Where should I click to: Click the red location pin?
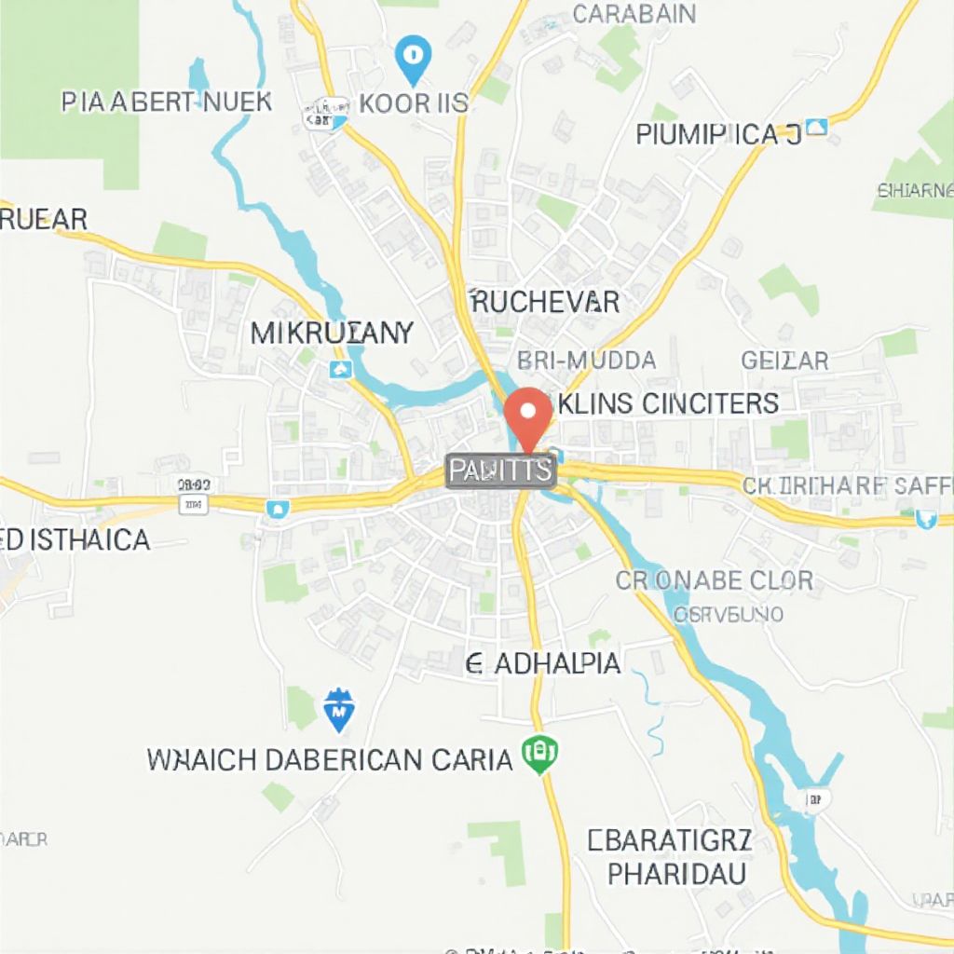pos(527,416)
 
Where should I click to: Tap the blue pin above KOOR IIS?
pos(413,58)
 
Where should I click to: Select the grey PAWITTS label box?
pos(500,471)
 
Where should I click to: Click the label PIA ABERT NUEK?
pos(167,102)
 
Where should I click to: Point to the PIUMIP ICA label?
pos(718,135)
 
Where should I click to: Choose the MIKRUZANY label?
pos(332,334)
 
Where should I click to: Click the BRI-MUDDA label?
pos(586,361)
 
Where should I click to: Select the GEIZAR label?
pos(784,361)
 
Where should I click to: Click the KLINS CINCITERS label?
pos(667,403)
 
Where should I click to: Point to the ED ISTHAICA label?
pos(75,539)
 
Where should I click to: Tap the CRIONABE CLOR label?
pos(715,580)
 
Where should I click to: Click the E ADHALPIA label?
pos(543,663)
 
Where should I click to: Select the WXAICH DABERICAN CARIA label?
pos(330,760)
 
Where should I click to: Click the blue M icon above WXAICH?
pos(338,711)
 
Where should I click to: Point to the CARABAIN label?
pos(634,14)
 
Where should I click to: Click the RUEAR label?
pos(44,220)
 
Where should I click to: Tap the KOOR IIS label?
pos(413,103)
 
